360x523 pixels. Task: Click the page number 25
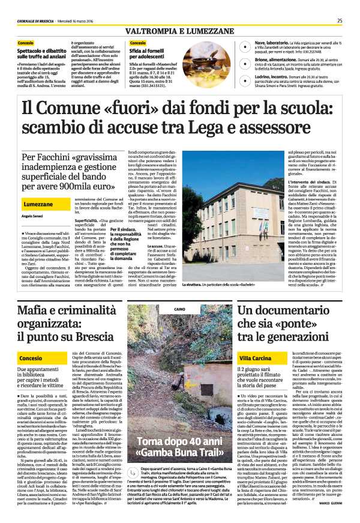pyautogui.click(x=339, y=20)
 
